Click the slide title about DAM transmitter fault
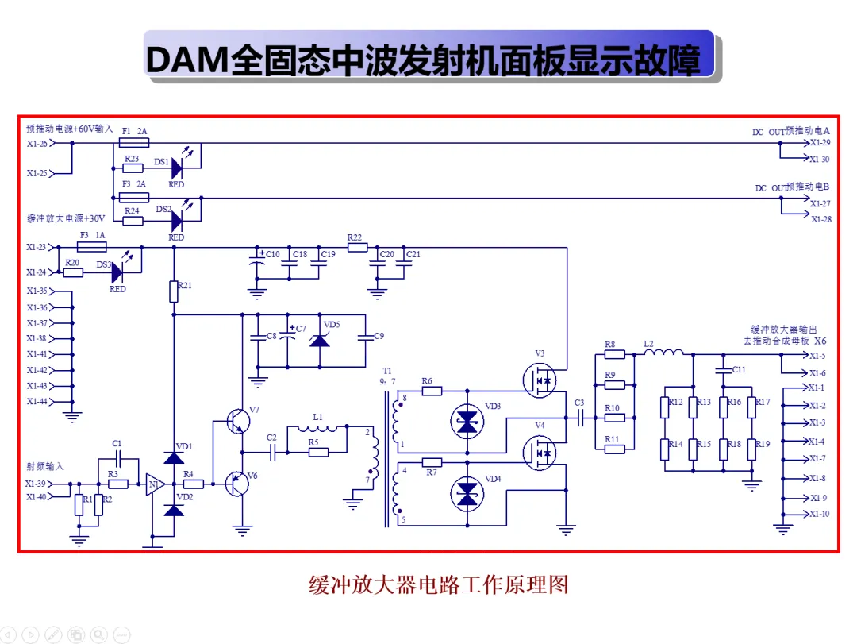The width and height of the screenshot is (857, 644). [423, 60]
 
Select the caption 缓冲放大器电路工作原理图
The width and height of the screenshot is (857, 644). [438, 584]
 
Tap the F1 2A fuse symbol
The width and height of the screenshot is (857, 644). [134, 143]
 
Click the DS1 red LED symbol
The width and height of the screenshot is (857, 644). [177, 168]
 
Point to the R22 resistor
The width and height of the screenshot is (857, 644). [357, 247]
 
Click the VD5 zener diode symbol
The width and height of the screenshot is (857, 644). [320, 341]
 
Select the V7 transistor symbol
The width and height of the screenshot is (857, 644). [238, 422]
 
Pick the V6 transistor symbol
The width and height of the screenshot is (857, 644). [237, 484]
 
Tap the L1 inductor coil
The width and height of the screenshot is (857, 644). [317, 428]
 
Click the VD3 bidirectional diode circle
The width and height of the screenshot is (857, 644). [467, 422]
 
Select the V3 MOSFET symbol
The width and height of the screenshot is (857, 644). [540, 380]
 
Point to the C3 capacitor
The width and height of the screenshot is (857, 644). [580, 418]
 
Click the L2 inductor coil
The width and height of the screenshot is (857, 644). [663, 353]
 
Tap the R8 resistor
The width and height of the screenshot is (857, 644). [614, 354]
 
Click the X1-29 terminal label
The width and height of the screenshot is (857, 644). [820, 143]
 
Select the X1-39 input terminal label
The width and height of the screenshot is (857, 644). [36, 484]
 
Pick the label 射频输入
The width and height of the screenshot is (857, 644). [45, 466]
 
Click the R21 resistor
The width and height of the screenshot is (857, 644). [174, 291]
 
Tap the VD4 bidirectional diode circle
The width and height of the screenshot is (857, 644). [467, 494]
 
